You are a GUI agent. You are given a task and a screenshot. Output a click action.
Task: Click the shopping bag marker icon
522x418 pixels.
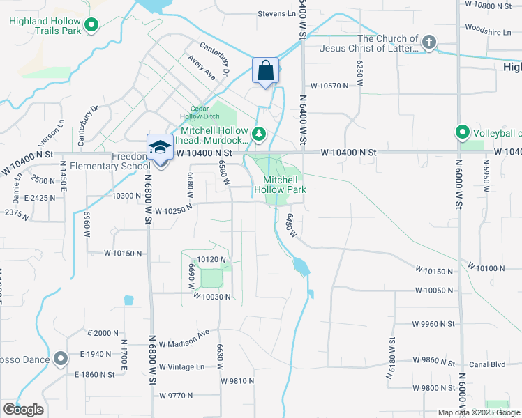265,70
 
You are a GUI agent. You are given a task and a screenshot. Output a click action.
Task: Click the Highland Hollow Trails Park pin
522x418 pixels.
91,27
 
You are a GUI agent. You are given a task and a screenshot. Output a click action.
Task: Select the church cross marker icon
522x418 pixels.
428,43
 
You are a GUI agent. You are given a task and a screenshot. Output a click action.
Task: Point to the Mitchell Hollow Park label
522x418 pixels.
280,184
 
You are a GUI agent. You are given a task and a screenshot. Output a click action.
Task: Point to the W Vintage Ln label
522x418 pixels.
181,366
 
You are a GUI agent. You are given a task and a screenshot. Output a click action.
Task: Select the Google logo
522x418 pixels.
23,410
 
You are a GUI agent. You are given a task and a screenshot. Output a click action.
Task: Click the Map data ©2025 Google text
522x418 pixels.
478,412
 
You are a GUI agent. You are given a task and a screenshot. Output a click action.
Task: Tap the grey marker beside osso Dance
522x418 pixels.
61,359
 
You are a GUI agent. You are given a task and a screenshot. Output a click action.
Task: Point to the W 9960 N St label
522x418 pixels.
433,324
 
